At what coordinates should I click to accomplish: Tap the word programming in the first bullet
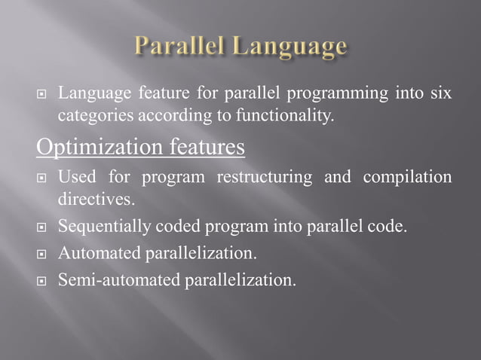click(x=330, y=94)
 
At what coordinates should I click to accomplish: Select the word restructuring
click(x=264, y=178)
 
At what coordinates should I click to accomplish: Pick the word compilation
click(x=408, y=178)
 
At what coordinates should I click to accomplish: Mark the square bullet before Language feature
click(x=42, y=96)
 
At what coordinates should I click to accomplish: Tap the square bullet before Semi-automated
click(x=42, y=282)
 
